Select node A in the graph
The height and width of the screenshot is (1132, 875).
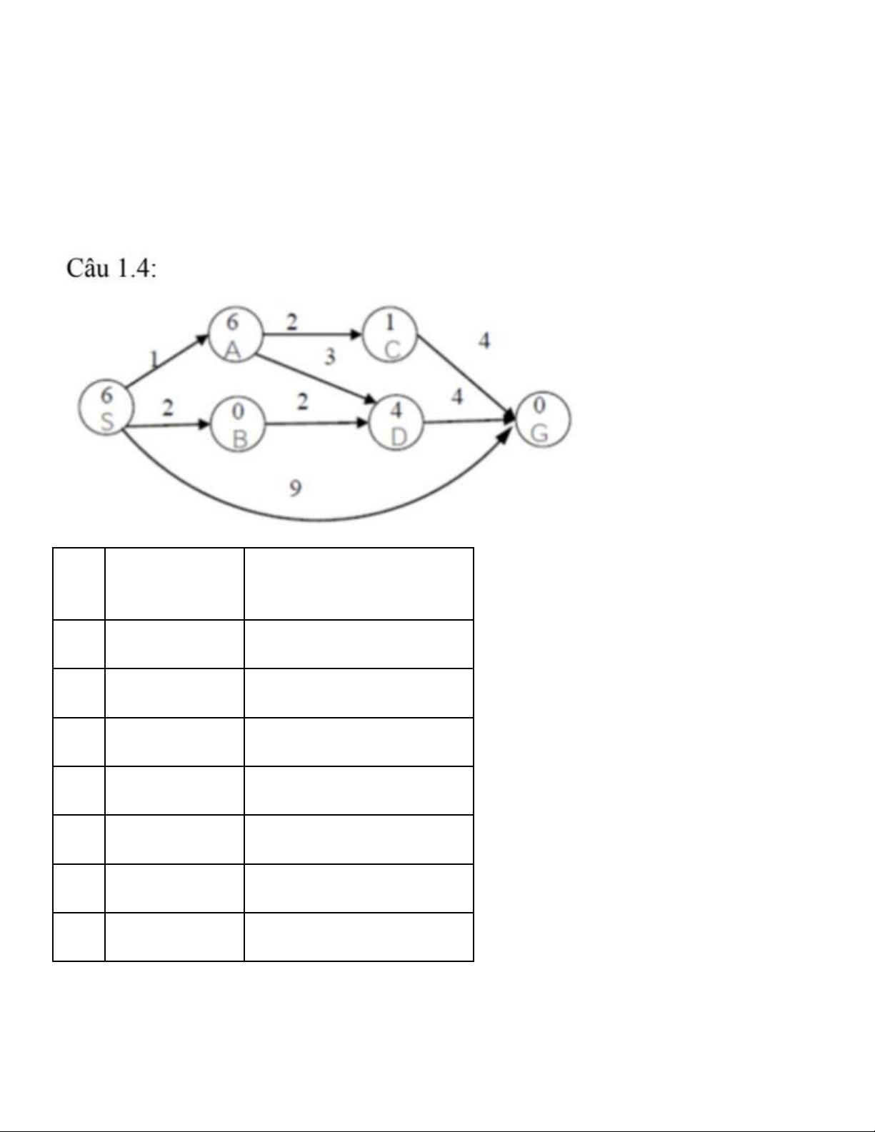pyautogui.click(x=234, y=336)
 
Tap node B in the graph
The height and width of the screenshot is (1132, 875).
pyautogui.click(x=238, y=425)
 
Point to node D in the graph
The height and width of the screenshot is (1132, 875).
pyautogui.click(x=396, y=424)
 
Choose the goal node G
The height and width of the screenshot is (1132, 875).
pyautogui.click(x=542, y=419)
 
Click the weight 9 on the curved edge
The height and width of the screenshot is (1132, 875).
pyautogui.click(x=295, y=488)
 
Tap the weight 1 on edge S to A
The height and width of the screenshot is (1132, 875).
pyautogui.click(x=153, y=359)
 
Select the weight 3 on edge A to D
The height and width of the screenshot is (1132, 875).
pyautogui.click(x=329, y=356)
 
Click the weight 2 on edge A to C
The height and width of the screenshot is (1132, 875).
pyautogui.click(x=291, y=322)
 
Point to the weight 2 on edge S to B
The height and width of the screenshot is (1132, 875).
pyautogui.click(x=167, y=408)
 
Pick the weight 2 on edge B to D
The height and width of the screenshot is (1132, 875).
pyautogui.click(x=303, y=402)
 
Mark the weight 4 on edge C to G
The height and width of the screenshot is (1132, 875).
pyautogui.click(x=484, y=341)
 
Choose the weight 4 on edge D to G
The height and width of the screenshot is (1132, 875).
pyautogui.click(x=457, y=396)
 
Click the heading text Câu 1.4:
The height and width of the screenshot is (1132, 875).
pyautogui.click(x=111, y=269)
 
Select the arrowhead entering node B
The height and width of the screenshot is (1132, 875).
pyautogui.click(x=205, y=424)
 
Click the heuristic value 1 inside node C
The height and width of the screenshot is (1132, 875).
pyautogui.click(x=390, y=323)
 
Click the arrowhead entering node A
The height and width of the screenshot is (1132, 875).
pyautogui.click(x=203, y=341)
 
